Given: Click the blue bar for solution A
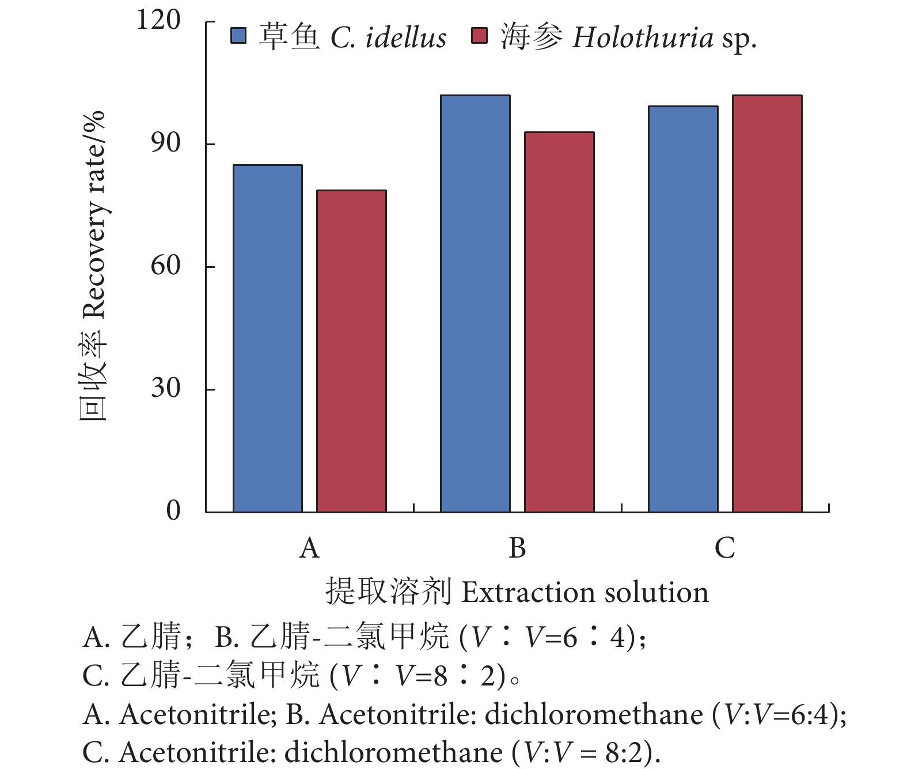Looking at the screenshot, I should (x=268, y=339).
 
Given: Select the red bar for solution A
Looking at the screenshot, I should (x=351, y=351).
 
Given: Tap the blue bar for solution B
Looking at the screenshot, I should (x=475, y=304).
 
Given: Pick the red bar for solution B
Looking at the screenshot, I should (x=559, y=322).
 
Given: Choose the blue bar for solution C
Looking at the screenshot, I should (x=683, y=309).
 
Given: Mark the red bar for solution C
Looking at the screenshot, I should (x=767, y=304).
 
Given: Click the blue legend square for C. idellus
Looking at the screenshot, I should (x=238, y=36).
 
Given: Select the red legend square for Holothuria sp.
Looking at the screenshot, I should (x=479, y=36).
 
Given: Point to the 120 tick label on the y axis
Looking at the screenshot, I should (x=158, y=20).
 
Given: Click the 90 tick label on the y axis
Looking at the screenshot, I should (x=166, y=143).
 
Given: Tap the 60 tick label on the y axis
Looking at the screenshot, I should (x=166, y=266).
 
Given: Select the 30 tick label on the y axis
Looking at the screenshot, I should (x=166, y=388).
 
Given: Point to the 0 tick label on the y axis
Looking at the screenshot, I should (x=173, y=510).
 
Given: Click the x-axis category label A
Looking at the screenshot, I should (x=309, y=548).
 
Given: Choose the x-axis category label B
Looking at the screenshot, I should (x=517, y=548).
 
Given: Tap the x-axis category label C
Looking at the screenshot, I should (x=724, y=548).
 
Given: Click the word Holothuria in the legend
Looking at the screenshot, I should (x=643, y=38).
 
